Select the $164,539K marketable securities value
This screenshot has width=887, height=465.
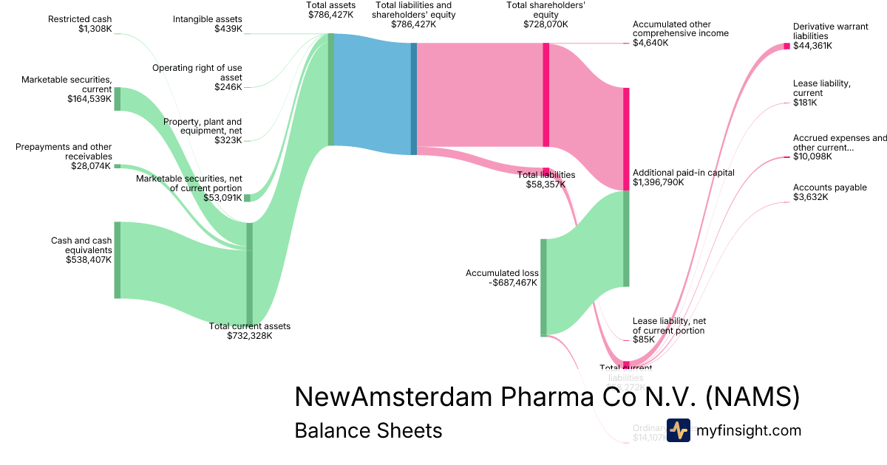(x=89, y=99)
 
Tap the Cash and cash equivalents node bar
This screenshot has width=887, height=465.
(x=117, y=260)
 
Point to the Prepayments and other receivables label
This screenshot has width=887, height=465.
(x=64, y=152)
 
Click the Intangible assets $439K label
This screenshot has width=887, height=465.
(x=207, y=24)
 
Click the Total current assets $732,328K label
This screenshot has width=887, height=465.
(x=250, y=331)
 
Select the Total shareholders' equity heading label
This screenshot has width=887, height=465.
(x=537, y=14)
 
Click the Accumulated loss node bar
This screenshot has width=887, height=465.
(x=543, y=287)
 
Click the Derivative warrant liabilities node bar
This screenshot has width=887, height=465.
(x=786, y=46)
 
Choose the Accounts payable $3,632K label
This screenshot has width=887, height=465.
(x=829, y=192)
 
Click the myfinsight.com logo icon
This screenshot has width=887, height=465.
(x=678, y=430)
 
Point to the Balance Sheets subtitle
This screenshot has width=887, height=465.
(x=368, y=430)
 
